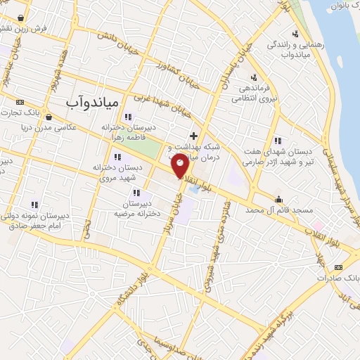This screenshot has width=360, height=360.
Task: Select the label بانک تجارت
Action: tap(23, 112)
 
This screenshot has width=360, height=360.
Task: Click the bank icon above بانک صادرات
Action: tap(338, 267)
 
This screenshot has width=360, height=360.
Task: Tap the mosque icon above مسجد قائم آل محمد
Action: tap(279, 198)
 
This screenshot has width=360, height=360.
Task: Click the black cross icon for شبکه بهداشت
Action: tap(193, 134)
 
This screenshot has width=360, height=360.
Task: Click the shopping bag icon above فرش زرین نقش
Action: tap(22, 18)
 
